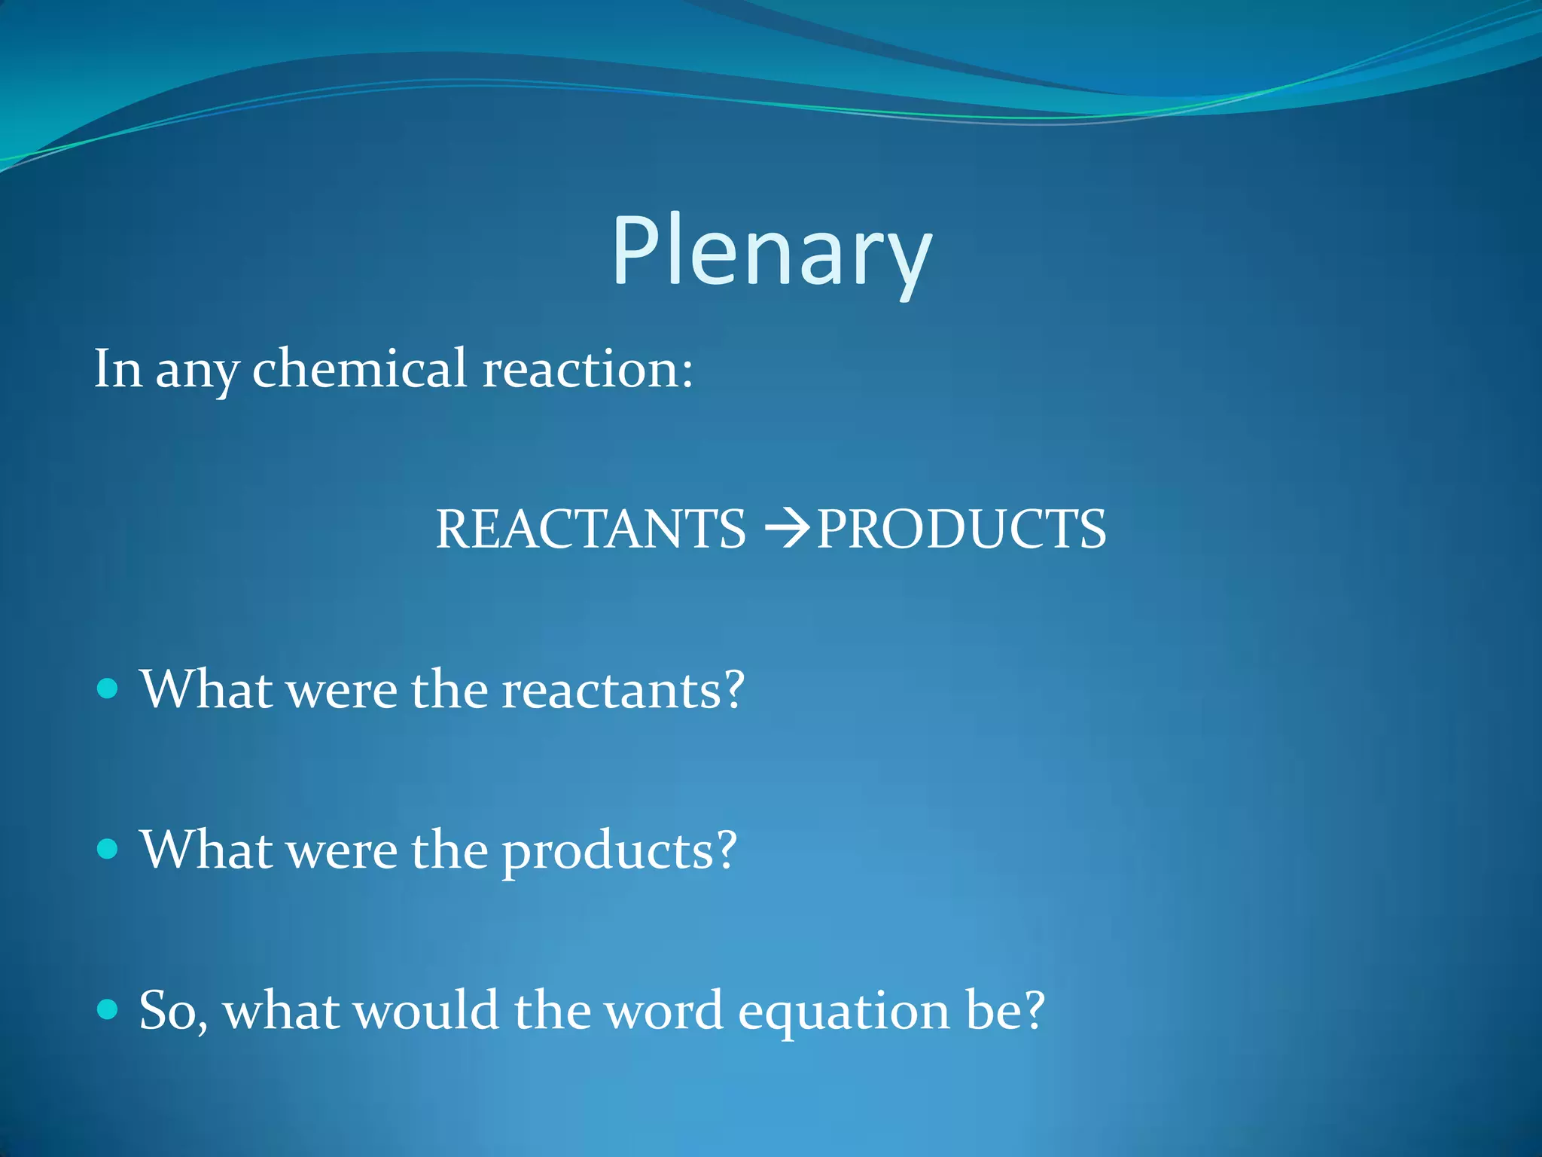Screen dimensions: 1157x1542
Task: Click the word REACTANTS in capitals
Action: pyautogui.click(x=591, y=529)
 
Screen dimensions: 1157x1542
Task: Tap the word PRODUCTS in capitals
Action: pyautogui.click(x=961, y=529)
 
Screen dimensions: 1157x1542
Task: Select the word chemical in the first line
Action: pyautogui.click(x=360, y=369)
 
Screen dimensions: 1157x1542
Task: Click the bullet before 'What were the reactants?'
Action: pyautogui.click(x=108, y=688)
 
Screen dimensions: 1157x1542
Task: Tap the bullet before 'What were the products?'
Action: pyautogui.click(x=108, y=849)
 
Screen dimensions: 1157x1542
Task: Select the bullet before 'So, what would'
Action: pyautogui.click(x=108, y=1009)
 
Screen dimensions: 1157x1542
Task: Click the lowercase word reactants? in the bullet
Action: pyautogui.click(x=623, y=690)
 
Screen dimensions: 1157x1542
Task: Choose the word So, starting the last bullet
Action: pyautogui.click(x=172, y=1011)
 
